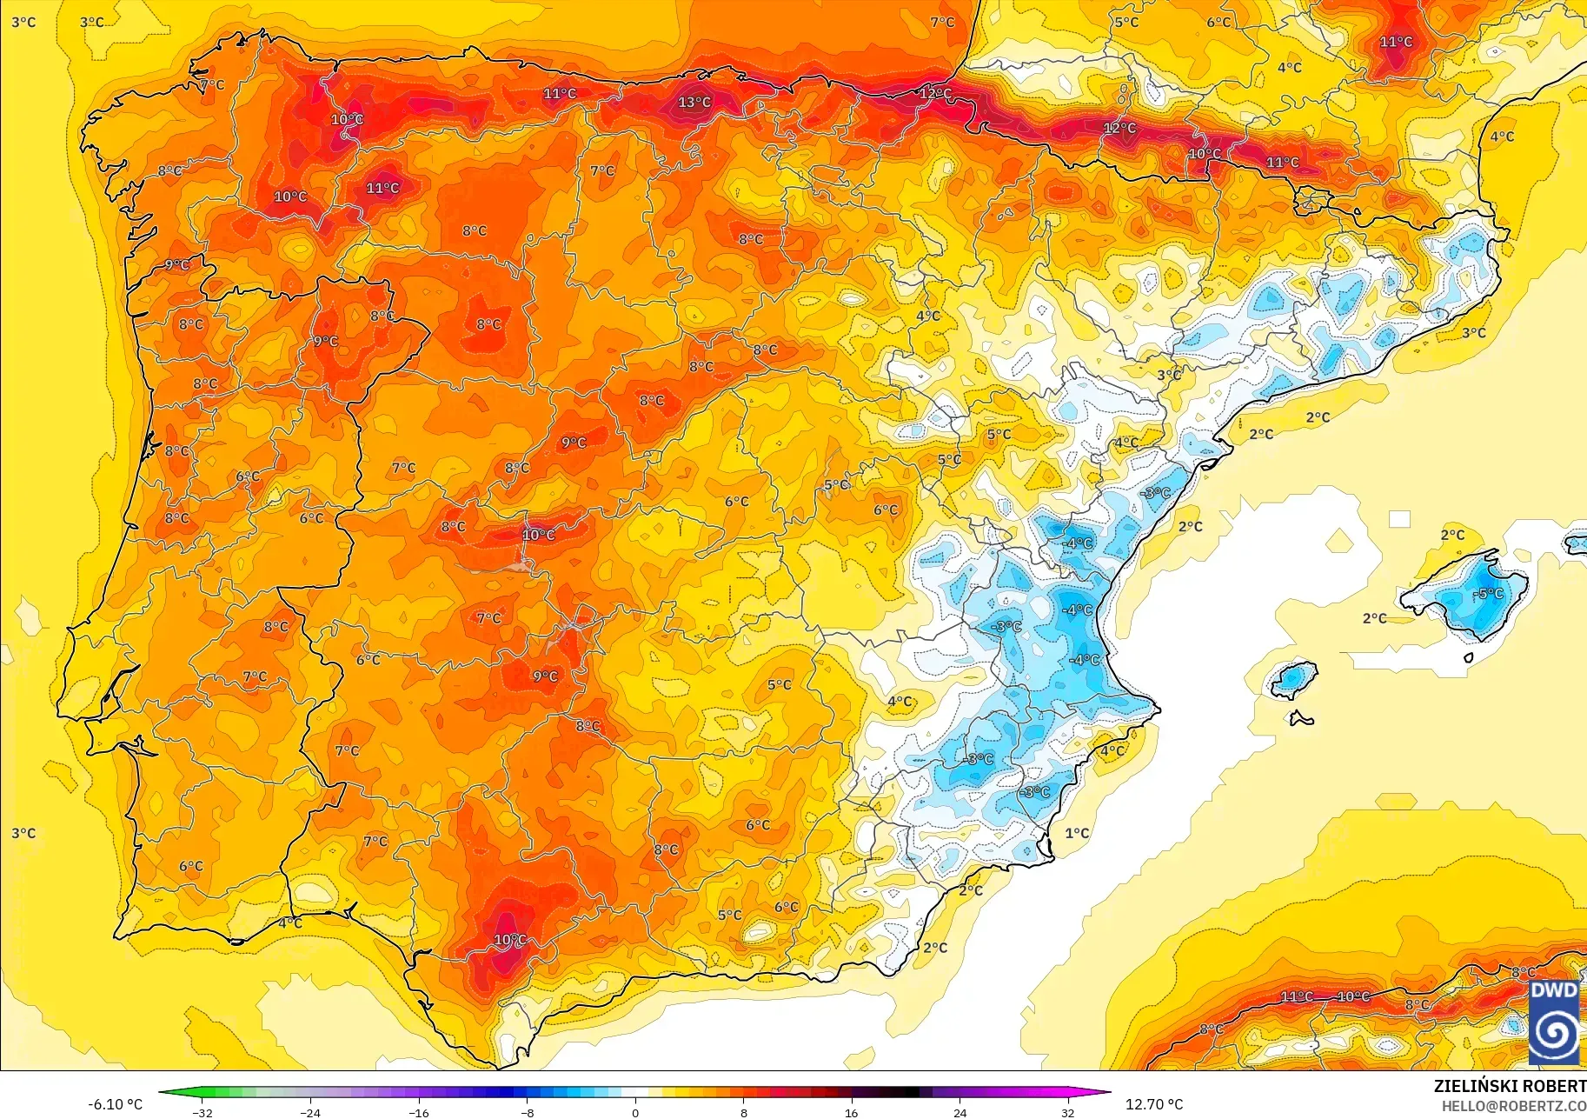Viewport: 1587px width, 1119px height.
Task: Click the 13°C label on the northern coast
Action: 694,103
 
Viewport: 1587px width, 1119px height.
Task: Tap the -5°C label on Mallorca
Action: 1490,594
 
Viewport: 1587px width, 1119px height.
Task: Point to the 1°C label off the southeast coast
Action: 1077,833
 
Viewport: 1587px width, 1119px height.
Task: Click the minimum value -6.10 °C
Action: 115,1104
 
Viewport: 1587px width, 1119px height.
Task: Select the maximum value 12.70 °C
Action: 1154,1104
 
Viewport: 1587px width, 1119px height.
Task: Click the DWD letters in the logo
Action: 1554,991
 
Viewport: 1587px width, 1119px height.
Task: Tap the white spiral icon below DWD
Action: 1554,1035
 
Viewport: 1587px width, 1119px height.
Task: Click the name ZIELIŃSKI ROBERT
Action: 1509,1086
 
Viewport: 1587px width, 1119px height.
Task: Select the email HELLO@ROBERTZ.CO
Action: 1513,1106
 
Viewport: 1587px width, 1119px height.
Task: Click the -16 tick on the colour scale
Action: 419,1112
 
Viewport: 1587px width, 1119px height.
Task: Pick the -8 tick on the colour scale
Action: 528,1112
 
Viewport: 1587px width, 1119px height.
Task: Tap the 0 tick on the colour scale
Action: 635,1112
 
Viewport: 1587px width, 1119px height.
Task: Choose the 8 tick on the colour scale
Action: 743,1112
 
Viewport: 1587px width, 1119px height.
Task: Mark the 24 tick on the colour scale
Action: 960,1112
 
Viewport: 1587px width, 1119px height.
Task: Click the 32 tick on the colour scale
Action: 1067,1112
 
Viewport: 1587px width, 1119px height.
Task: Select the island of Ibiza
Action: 1294,678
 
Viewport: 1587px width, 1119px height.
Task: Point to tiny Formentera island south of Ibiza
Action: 1301,718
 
